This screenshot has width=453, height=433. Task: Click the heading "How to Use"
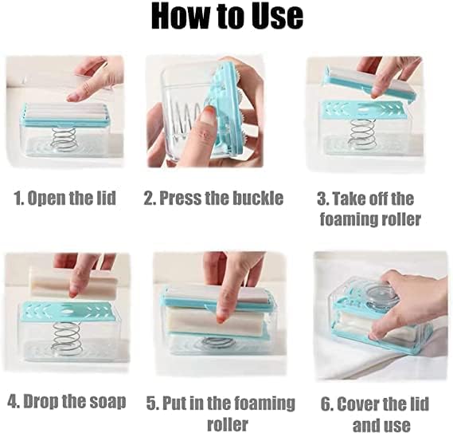(226, 17)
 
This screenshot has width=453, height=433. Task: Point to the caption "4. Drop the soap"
(67, 401)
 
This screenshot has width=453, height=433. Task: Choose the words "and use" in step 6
(381, 423)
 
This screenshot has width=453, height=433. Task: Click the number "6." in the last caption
(326, 403)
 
